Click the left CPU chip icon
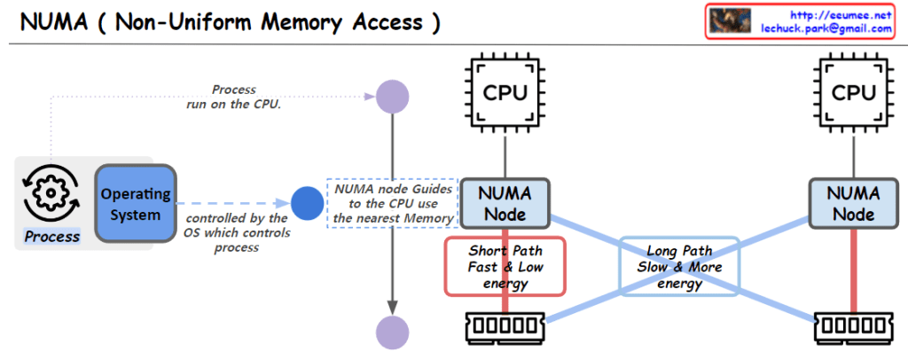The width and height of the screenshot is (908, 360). click(x=505, y=91)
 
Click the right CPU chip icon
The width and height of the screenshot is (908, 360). click(x=853, y=91)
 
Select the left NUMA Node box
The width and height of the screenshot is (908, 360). click(x=505, y=203)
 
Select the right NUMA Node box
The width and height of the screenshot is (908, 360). click(x=853, y=203)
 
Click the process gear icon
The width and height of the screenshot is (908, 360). click(x=51, y=192)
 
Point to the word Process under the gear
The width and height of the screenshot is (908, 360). click(x=51, y=237)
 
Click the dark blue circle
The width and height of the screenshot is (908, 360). click(x=307, y=204)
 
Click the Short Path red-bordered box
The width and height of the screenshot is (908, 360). click(x=505, y=266)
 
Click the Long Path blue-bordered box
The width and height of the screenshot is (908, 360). click(x=678, y=267)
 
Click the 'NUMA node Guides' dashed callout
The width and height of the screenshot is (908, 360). click(x=392, y=203)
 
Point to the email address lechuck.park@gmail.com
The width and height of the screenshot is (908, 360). click(x=826, y=28)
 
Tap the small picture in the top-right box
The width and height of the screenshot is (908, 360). click(x=730, y=21)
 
